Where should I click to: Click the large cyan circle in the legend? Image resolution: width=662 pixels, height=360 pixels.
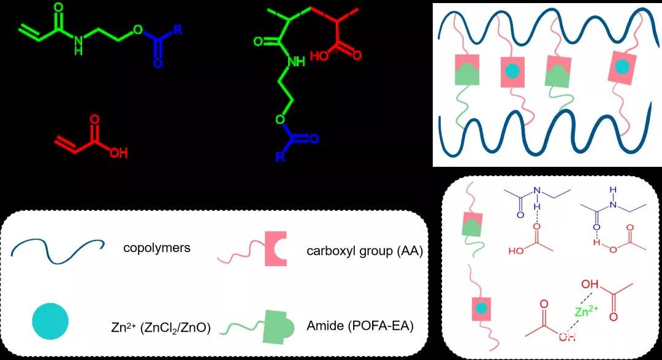[50, 319]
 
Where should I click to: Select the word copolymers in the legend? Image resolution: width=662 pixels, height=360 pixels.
[156, 248]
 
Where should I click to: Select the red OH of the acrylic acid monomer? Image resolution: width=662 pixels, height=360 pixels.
[118, 153]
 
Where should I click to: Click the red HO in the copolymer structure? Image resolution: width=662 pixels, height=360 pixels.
[321, 56]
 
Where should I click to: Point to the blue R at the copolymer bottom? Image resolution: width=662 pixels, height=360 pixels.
[280, 157]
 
